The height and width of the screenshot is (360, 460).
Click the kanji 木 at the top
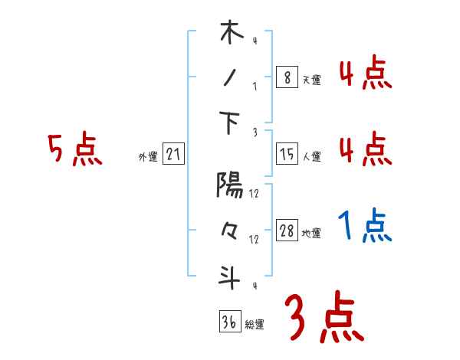(x=231, y=34)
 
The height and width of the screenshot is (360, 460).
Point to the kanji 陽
(x=230, y=185)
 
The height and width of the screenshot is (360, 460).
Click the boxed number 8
(x=287, y=77)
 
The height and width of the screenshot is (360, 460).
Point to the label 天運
(x=311, y=80)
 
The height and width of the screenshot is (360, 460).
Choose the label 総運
(x=255, y=324)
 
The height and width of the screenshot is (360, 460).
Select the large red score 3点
(x=324, y=316)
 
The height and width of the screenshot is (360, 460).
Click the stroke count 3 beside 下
(x=254, y=132)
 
